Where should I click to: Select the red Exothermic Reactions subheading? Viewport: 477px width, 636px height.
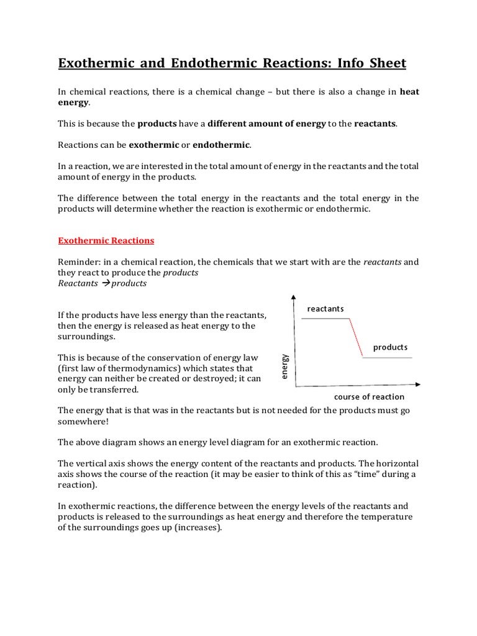[x=106, y=240]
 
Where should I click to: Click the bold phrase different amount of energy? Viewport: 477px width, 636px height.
[x=266, y=124]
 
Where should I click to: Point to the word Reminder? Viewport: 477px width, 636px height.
[x=78, y=261]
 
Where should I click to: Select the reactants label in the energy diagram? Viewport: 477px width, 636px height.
[x=325, y=309]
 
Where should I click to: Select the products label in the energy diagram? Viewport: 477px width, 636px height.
[x=390, y=347]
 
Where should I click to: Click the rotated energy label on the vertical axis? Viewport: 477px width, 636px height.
[x=284, y=366]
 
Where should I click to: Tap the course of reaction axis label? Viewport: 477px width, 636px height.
[x=369, y=397]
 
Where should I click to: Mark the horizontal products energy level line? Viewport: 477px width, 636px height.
[x=388, y=357]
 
